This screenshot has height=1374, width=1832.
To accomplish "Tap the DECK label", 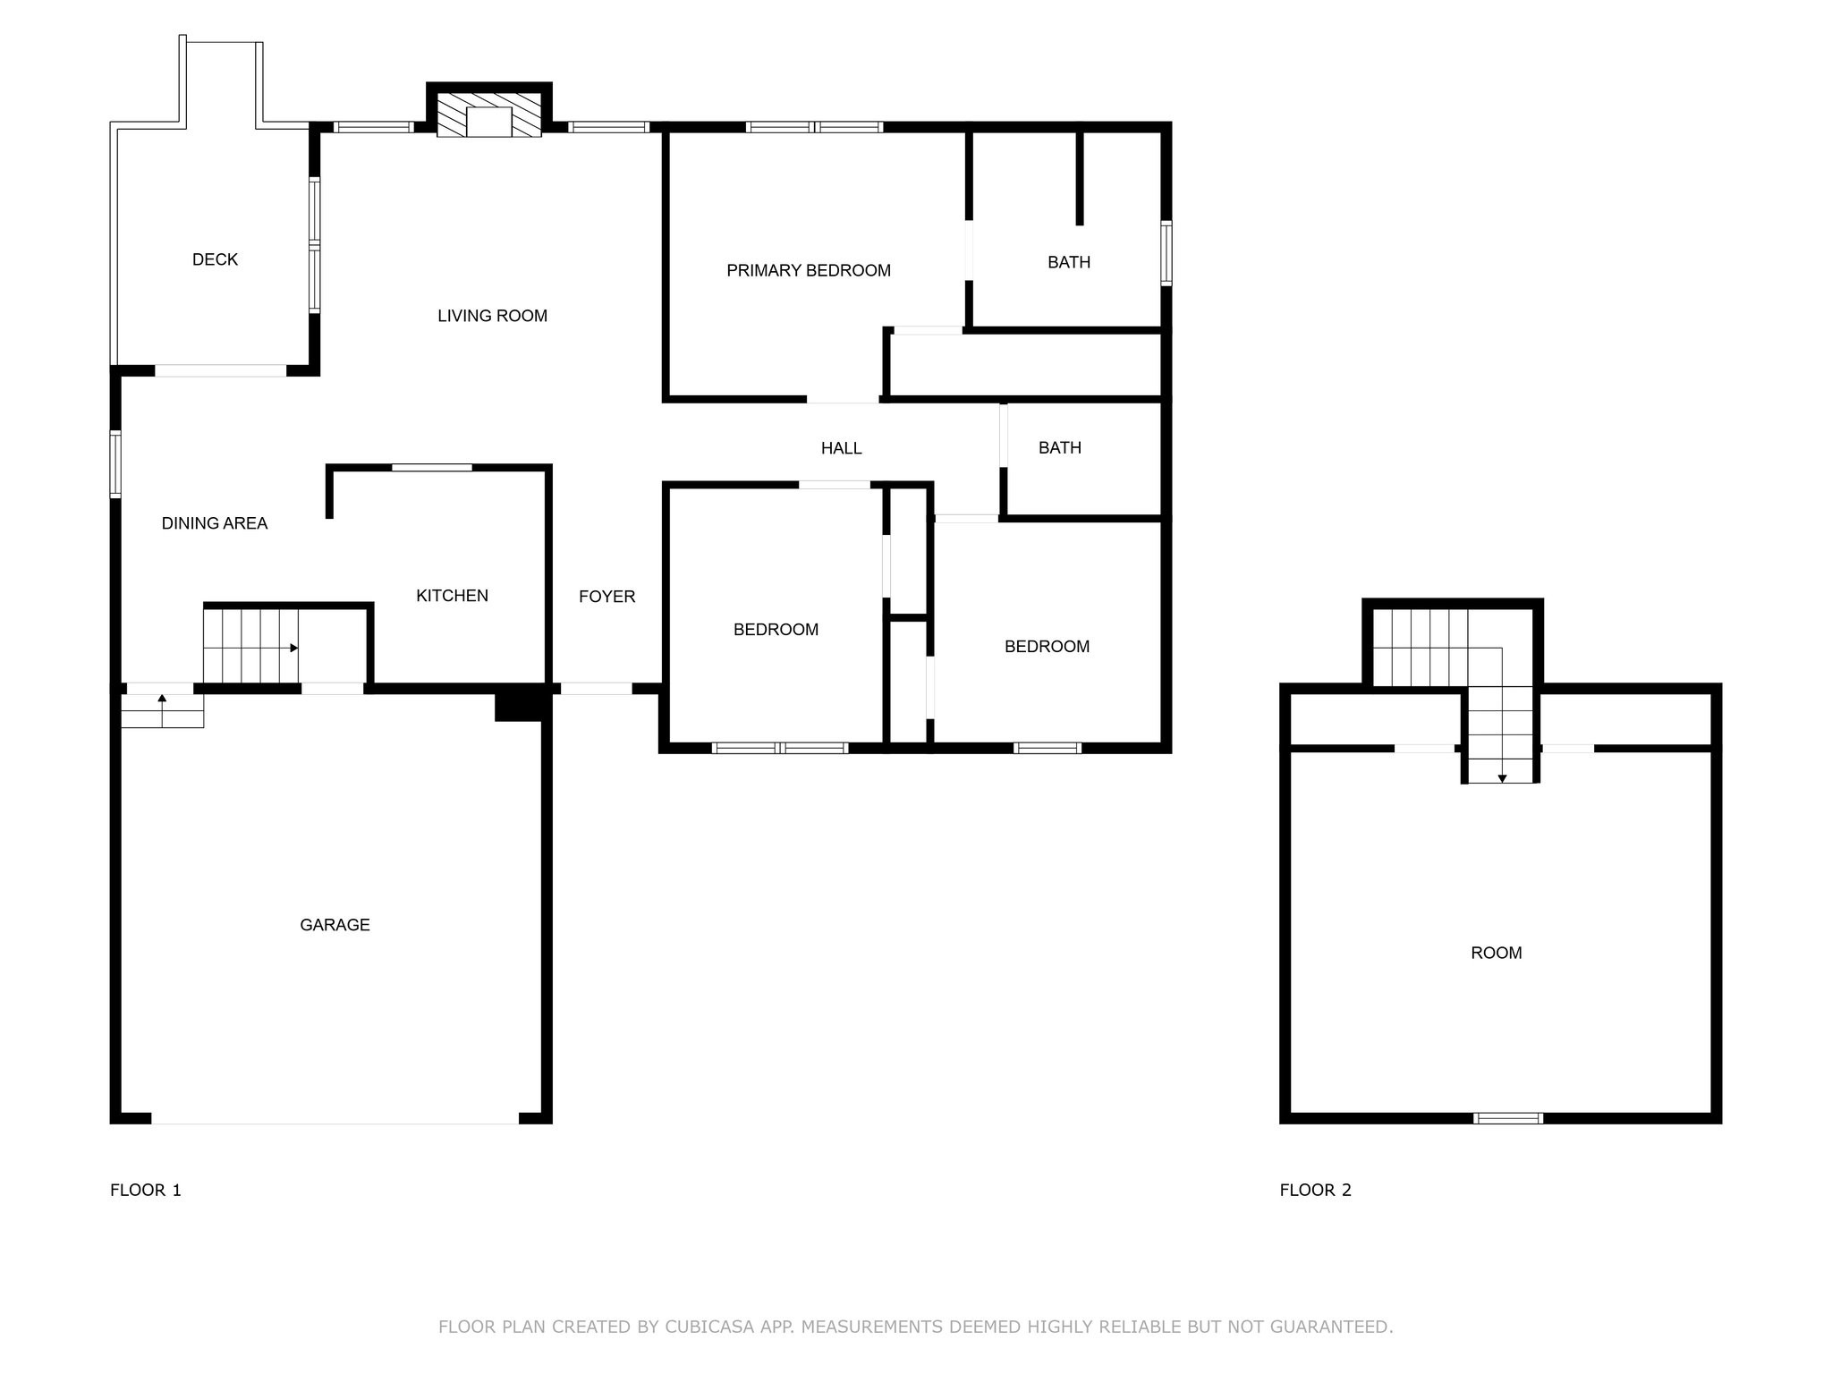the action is (215, 259).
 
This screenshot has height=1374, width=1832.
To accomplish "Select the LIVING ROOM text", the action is (492, 316).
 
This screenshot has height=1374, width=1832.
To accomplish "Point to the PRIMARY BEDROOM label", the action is (809, 270).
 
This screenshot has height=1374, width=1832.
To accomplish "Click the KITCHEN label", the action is (452, 596).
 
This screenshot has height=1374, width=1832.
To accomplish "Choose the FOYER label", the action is (606, 597).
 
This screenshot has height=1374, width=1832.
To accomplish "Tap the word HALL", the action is (841, 448).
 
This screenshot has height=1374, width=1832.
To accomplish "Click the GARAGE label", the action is (335, 925).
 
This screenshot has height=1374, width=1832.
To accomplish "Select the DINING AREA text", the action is (215, 523).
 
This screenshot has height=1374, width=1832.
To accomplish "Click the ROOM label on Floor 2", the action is (1496, 953).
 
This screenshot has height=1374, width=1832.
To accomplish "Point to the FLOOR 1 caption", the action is (146, 1190).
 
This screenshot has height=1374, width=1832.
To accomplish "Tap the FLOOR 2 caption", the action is (1315, 1190).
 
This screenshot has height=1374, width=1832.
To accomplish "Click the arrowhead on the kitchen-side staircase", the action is (294, 648).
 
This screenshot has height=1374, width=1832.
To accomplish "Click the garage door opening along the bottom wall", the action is (335, 1118).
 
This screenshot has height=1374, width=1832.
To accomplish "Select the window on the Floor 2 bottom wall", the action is (1508, 1118).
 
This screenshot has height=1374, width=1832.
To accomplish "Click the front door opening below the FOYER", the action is (596, 689).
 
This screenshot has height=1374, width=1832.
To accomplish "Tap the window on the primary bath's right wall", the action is (1166, 253).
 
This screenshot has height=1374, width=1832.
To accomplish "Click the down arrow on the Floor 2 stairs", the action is (1502, 778).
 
